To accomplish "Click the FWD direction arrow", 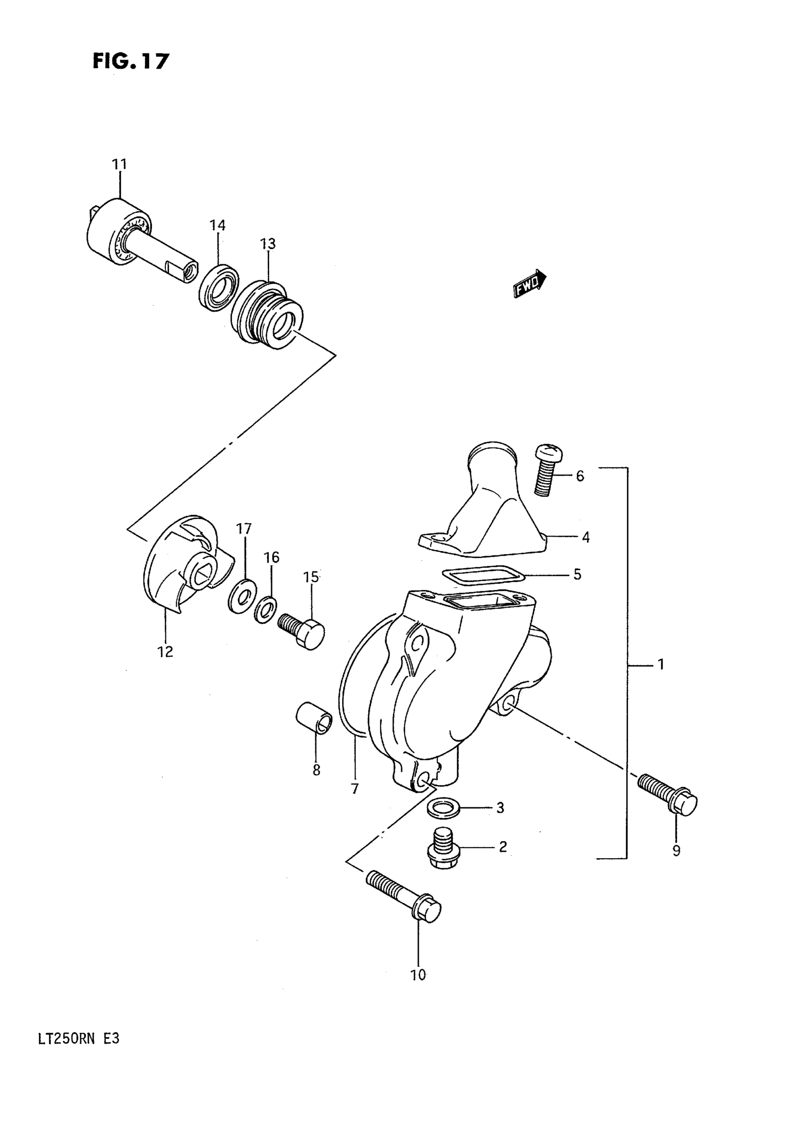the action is [x=529, y=284].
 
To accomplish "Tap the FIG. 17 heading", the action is [x=131, y=61].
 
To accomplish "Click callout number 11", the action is [x=120, y=164].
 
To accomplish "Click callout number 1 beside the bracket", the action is [x=660, y=664].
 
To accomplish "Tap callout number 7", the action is [x=354, y=789].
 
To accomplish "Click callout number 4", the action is [x=586, y=538].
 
